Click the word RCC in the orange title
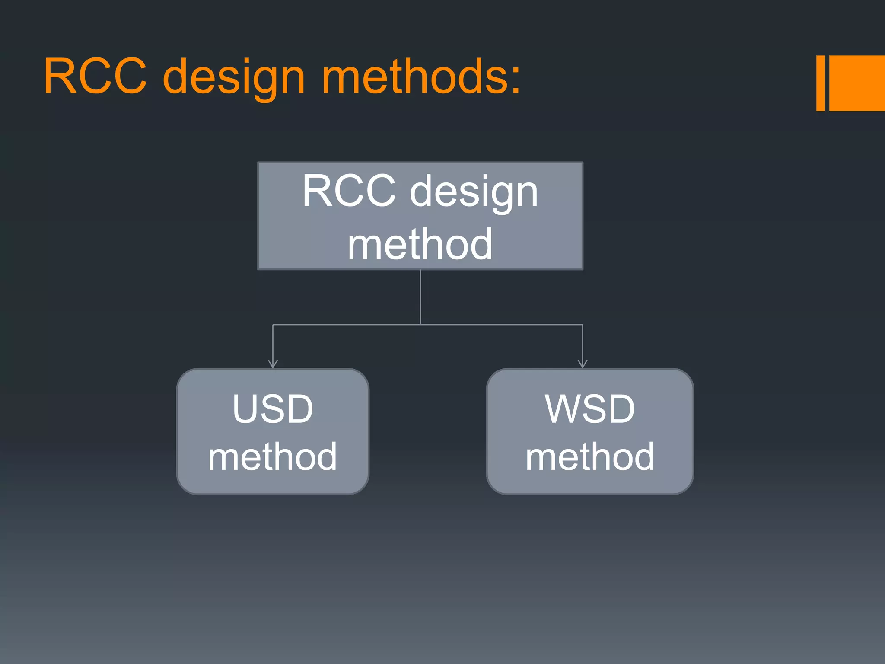(95, 77)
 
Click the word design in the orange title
(234, 78)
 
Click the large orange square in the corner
(857, 83)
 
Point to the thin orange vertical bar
(820, 83)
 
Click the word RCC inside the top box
(348, 191)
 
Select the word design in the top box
(474, 193)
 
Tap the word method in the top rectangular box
(420, 245)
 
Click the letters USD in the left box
(273, 409)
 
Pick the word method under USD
(273, 456)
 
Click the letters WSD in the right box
(590, 409)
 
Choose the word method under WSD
(590, 456)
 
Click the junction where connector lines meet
(420, 324)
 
